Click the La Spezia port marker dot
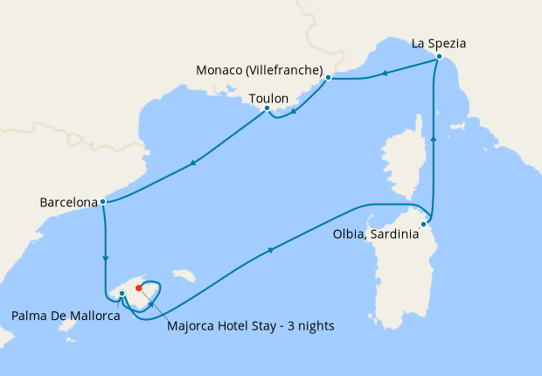(x=439, y=58)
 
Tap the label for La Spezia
(x=440, y=41)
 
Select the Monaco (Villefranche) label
(x=260, y=70)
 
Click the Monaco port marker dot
(x=328, y=78)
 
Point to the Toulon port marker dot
(x=267, y=108)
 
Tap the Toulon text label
(x=268, y=99)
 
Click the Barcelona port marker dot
(x=103, y=202)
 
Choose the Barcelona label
(x=68, y=203)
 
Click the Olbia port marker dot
(x=424, y=224)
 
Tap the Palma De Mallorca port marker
(x=122, y=294)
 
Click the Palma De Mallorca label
(x=66, y=315)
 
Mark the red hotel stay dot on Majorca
(x=138, y=287)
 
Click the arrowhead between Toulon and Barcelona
(x=191, y=163)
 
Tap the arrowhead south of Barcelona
(x=106, y=257)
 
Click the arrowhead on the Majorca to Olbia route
(x=271, y=251)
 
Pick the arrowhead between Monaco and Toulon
(x=293, y=111)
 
